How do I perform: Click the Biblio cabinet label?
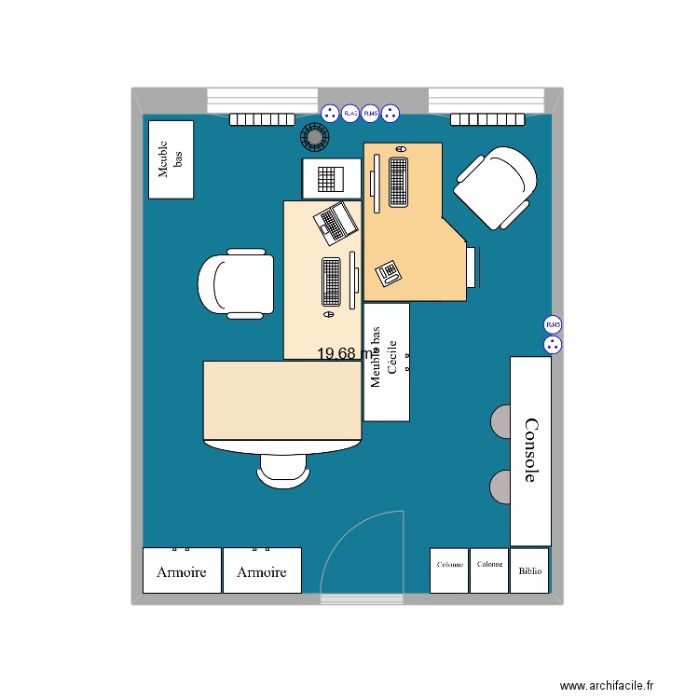point(529,571)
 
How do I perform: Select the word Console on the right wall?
point(530,450)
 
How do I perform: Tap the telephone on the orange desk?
point(388,271)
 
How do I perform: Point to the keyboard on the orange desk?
point(398,182)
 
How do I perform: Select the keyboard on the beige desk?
point(331,281)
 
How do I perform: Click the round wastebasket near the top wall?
point(314,138)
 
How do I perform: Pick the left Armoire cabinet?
point(182,570)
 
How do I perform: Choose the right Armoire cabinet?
point(262,570)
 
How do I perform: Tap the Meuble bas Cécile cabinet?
point(387,362)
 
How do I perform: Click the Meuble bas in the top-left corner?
point(171,159)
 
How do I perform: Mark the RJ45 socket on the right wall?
point(554,325)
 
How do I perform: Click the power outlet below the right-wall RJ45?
point(554,345)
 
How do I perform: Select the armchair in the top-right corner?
point(496,186)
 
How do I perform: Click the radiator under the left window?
point(262,119)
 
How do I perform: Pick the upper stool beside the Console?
point(500,421)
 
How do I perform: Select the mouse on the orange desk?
point(401,149)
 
